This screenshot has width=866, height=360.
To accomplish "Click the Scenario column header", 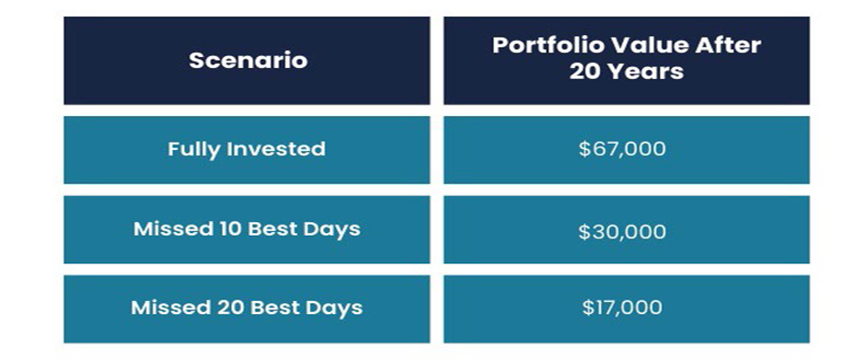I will point(247,61).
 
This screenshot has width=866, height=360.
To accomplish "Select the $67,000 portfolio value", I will point(622,149).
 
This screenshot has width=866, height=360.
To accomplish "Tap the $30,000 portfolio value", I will point(622,231).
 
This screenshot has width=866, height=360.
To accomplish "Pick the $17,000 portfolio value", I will point(622,308).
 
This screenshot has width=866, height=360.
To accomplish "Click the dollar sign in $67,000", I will point(584,149).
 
